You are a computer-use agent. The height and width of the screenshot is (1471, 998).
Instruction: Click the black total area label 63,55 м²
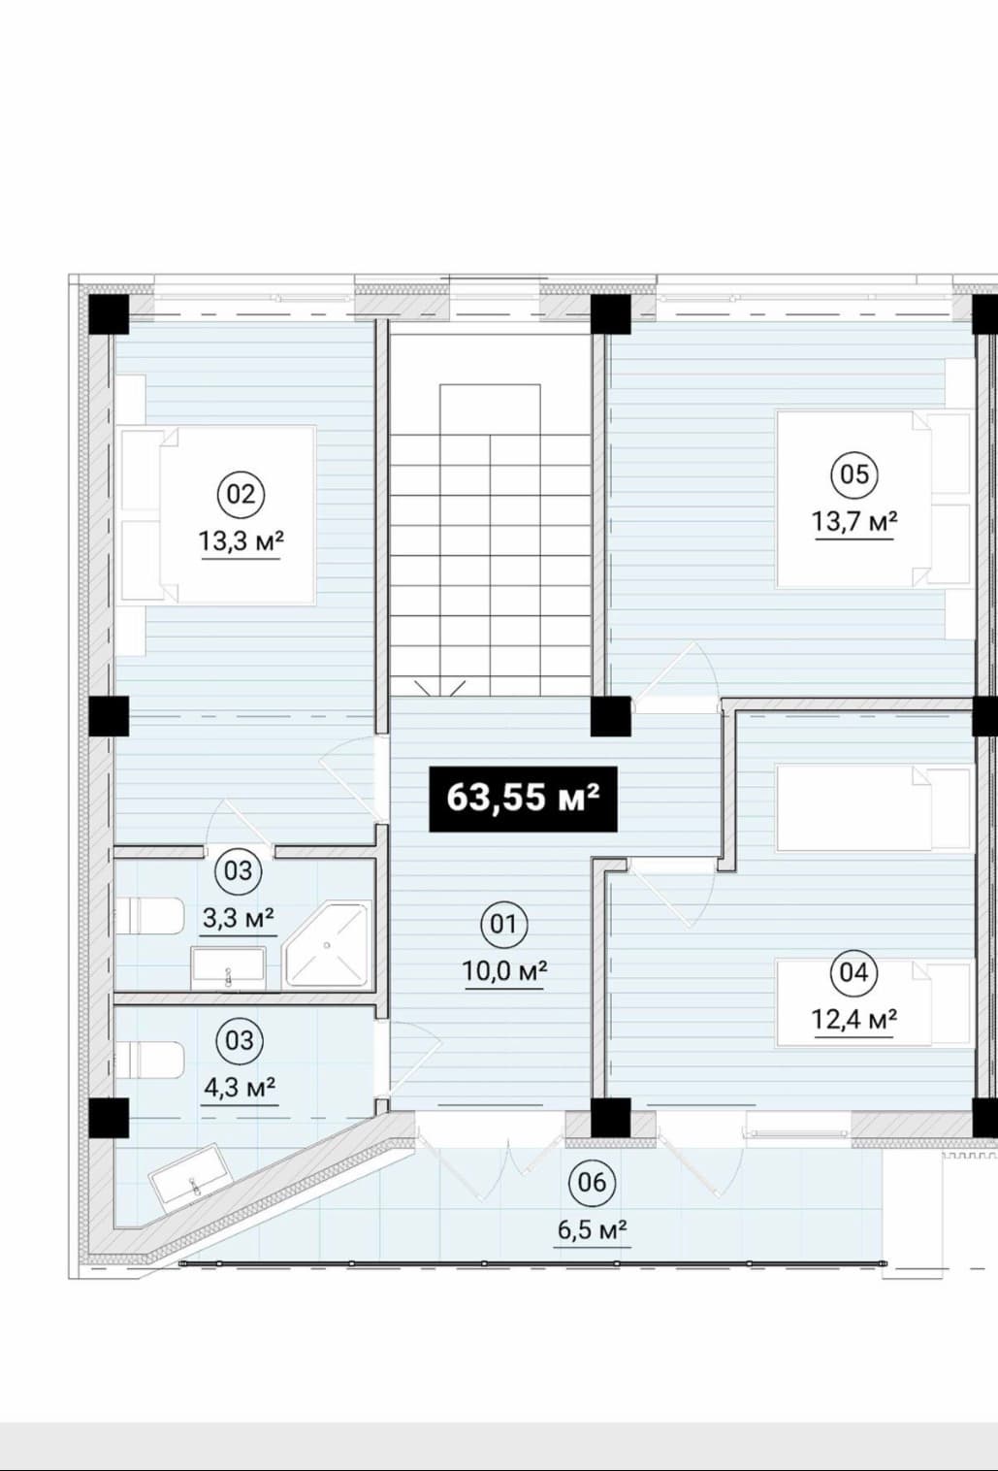524,799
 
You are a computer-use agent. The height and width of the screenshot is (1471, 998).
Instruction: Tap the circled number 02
241,494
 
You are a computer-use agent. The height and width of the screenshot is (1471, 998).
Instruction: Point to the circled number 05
853,474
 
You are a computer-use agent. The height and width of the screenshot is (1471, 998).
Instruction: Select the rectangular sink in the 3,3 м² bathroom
228,967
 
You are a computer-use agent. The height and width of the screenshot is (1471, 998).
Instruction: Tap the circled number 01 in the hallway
503,925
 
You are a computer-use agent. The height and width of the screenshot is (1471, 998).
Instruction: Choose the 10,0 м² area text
505,970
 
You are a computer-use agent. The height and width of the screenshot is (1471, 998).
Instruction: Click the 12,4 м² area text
854,1020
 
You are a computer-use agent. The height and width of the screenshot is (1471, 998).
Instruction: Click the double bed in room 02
216,515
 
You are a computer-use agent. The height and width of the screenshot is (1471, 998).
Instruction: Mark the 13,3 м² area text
241,541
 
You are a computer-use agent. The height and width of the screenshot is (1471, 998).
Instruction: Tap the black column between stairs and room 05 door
611,716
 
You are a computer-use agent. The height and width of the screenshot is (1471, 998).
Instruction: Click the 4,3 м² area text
239,1088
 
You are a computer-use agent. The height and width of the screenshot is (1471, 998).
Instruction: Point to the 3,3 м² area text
239,918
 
